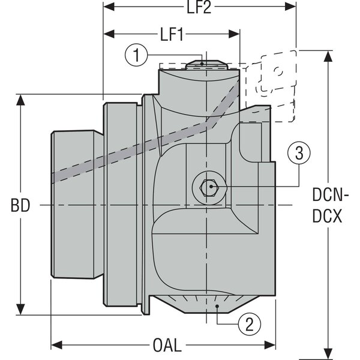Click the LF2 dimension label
click(x=200, y=8)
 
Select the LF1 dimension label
click(x=172, y=34)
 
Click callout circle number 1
click(x=137, y=56)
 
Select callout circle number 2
click(x=250, y=325)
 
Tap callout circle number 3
click(x=299, y=154)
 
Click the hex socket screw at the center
click(x=209, y=188)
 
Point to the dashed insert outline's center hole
click(x=277, y=71)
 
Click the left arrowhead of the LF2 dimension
click(x=108, y=8)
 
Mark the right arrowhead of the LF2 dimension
click(x=292, y=8)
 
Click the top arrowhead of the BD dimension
click(x=22, y=99)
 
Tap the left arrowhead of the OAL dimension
click(x=55, y=346)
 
